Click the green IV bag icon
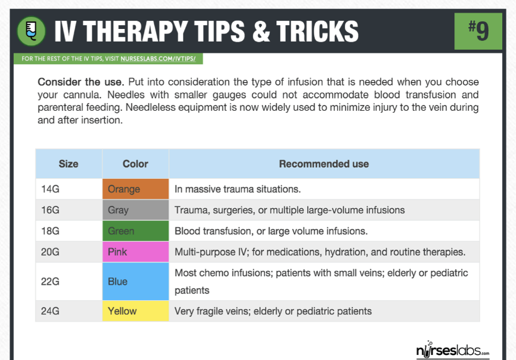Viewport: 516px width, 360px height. pyautogui.click(x=31, y=31)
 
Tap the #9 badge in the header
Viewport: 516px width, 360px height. pyautogui.click(x=478, y=31)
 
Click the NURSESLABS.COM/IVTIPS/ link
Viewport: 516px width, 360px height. pyautogui.click(x=158, y=59)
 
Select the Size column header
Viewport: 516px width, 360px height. pyautogui.click(x=69, y=164)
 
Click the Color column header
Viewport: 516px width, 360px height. pyautogui.click(x=135, y=164)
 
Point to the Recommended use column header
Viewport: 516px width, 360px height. pyautogui.click(x=324, y=164)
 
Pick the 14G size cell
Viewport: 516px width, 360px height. pyautogui.click(x=69, y=189)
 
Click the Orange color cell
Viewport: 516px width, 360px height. pyautogui.click(x=135, y=189)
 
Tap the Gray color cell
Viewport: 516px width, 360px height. pyautogui.click(x=135, y=210)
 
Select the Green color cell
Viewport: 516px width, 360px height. pyautogui.click(x=135, y=231)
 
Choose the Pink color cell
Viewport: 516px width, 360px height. pyautogui.click(x=135, y=252)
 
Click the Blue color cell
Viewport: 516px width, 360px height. pyautogui.click(x=135, y=281)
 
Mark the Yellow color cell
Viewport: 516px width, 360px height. pyautogui.click(x=135, y=311)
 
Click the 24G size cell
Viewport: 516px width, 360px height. pyautogui.click(x=69, y=311)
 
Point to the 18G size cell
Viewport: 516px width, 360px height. pyautogui.click(x=69, y=231)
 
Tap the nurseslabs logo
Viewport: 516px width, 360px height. pyautogui.click(x=453, y=350)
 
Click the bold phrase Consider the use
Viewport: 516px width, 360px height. pyautogui.click(x=81, y=82)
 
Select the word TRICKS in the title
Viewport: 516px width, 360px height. pyautogui.click(x=317, y=31)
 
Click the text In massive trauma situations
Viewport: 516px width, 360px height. pyautogui.click(x=238, y=189)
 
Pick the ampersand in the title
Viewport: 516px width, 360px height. pyautogui.click(x=261, y=31)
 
